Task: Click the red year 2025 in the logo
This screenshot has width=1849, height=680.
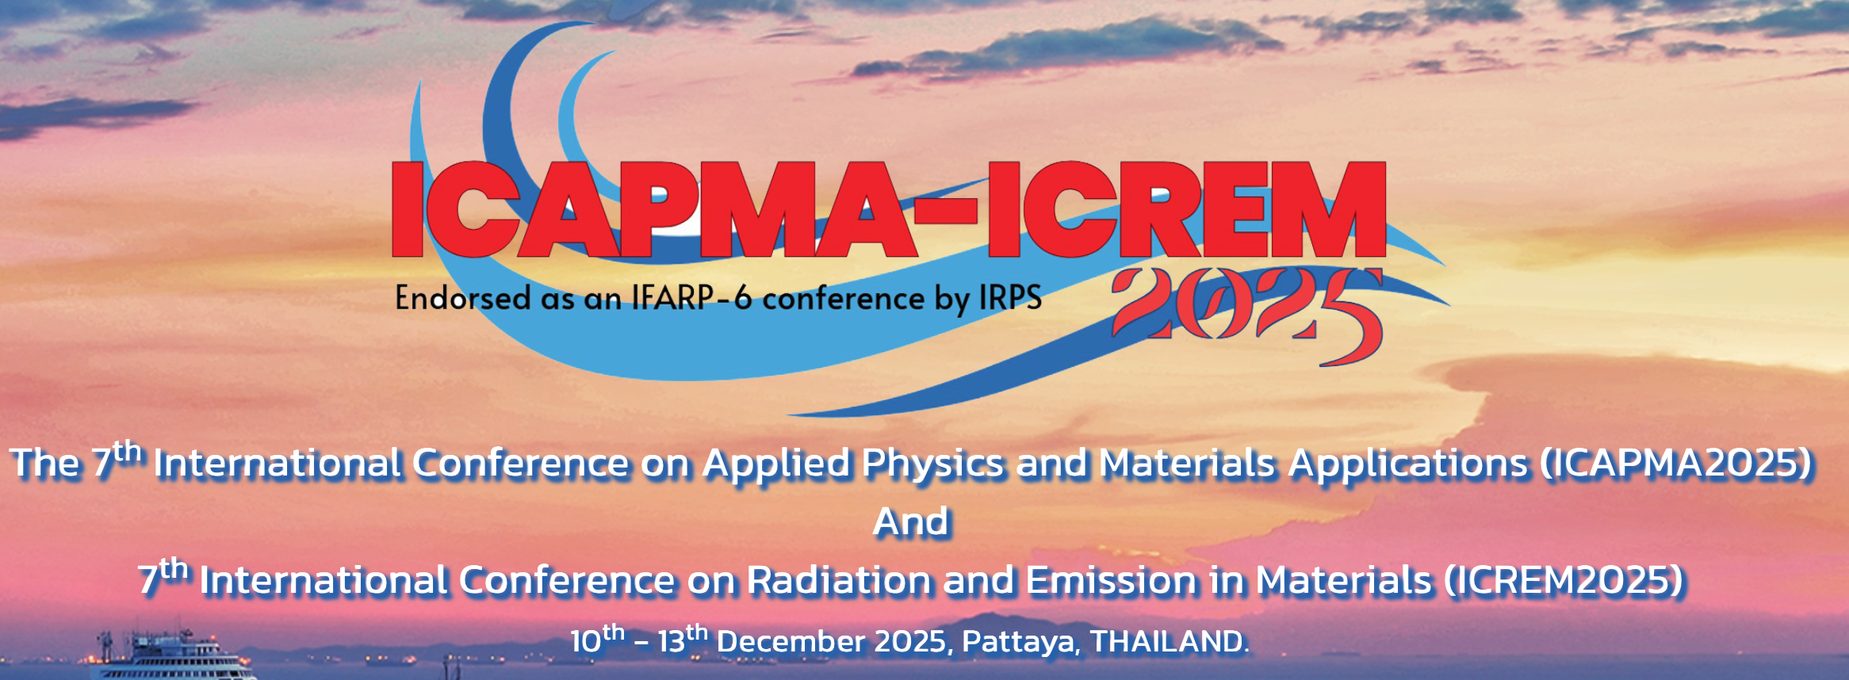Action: tap(1248, 315)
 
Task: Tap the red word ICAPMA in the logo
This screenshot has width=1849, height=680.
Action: tap(655, 210)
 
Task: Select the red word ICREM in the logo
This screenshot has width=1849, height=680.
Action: tap(1187, 210)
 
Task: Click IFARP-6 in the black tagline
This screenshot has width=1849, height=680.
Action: tap(691, 298)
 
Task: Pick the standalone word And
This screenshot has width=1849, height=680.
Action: tap(911, 522)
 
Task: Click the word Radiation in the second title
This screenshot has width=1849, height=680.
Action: tap(839, 580)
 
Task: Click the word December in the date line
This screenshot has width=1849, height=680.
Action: tap(791, 641)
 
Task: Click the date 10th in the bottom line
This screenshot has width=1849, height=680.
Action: tap(597, 639)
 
